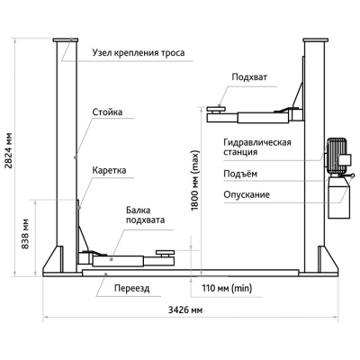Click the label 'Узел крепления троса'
(x=139, y=53)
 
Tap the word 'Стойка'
(x=107, y=112)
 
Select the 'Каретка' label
(x=109, y=170)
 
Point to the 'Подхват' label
(x=249, y=77)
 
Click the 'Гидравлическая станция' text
(x=257, y=147)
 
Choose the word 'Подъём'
(x=240, y=174)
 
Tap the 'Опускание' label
(x=247, y=194)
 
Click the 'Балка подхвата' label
(x=145, y=215)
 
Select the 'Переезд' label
(x=131, y=289)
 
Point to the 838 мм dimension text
(x=25, y=234)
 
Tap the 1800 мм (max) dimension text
(x=195, y=180)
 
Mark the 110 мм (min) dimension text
(x=227, y=289)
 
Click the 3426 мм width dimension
(x=185, y=310)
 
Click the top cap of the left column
(x=66, y=40)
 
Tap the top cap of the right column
(x=315, y=40)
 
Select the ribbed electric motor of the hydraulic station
(x=337, y=155)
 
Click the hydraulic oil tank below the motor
(x=339, y=197)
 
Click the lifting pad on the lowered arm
(x=165, y=253)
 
